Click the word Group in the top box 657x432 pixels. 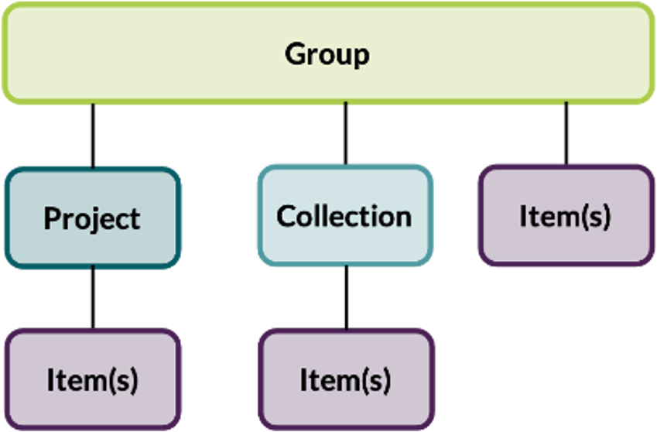327,54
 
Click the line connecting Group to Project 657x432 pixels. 93,135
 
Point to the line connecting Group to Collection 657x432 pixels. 345,133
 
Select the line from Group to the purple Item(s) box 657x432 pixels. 566,132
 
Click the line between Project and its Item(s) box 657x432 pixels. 93,297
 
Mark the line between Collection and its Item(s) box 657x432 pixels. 345,297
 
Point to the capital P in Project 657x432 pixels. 52,218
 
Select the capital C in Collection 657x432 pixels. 286,215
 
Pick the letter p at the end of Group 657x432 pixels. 361,57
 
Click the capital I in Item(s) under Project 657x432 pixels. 51,379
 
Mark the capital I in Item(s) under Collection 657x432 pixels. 304,379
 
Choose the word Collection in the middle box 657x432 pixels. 344,215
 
